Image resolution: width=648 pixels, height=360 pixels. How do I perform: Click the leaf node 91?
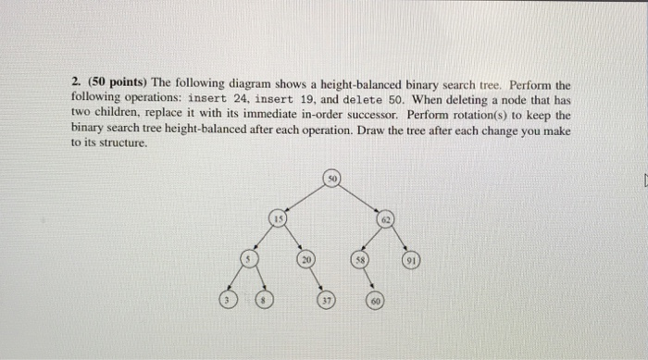click(x=411, y=261)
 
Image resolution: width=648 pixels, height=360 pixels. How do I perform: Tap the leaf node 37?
click(x=328, y=301)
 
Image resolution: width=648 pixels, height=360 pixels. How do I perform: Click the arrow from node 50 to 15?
click(x=305, y=197)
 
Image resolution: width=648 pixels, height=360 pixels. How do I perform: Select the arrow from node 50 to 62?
click(x=360, y=198)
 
